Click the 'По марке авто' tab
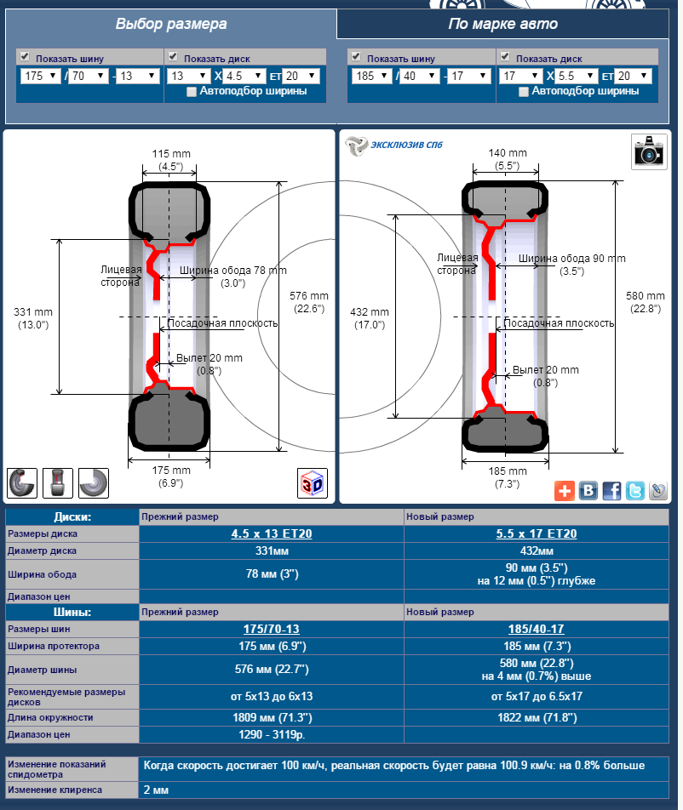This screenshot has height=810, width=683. (502, 24)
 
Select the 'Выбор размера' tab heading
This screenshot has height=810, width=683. (171, 24)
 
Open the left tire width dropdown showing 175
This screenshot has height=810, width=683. (40, 76)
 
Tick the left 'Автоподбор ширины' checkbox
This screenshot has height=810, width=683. (192, 92)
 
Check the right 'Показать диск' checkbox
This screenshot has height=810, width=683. (505, 56)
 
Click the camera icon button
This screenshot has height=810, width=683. (649, 151)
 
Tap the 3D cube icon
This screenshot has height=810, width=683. (313, 483)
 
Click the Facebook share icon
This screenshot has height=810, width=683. (611, 490)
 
